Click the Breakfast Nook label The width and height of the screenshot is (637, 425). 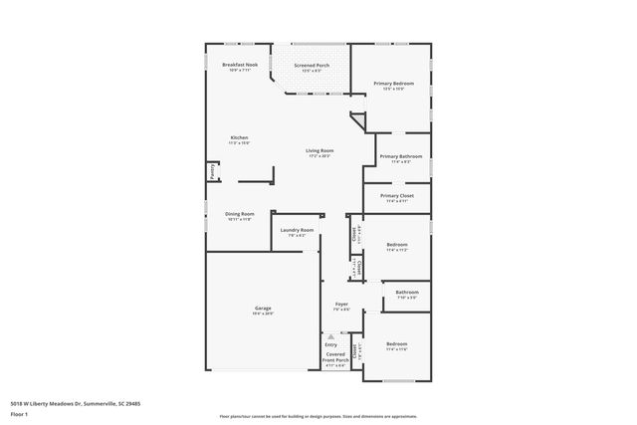[x=239, y=67]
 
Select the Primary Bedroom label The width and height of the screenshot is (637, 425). [x=394, y=86]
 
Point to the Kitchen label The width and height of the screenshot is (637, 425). [x=239, y=140]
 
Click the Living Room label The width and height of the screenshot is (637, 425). [x=319, y=153]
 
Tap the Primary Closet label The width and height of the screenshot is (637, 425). [x=397, y=198]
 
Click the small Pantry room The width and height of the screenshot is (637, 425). [x=212, y=172]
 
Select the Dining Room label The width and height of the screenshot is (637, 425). [x=239, y=216]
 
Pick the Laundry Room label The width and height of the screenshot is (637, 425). [x=297, y=232]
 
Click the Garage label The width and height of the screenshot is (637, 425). [x=263, y=311]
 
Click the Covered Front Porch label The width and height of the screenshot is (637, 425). [x=335, y=358]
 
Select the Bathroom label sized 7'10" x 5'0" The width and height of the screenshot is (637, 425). [x=406, y=295]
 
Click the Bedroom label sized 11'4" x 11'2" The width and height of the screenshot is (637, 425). [x=396, y=247]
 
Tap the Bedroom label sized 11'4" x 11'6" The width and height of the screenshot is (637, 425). [x=396, y=346]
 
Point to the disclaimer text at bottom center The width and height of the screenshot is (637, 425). [x=318, y=416]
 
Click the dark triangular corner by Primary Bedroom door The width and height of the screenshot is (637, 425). [x=357, y=120]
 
